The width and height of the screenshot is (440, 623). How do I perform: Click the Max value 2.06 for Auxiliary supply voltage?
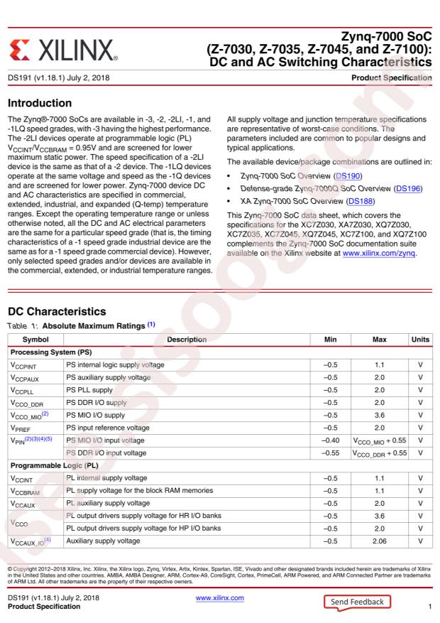pyautogui.click(x=371, y=541)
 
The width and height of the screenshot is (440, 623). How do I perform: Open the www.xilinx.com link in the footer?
pyautogui.click(x=219, y=598)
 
